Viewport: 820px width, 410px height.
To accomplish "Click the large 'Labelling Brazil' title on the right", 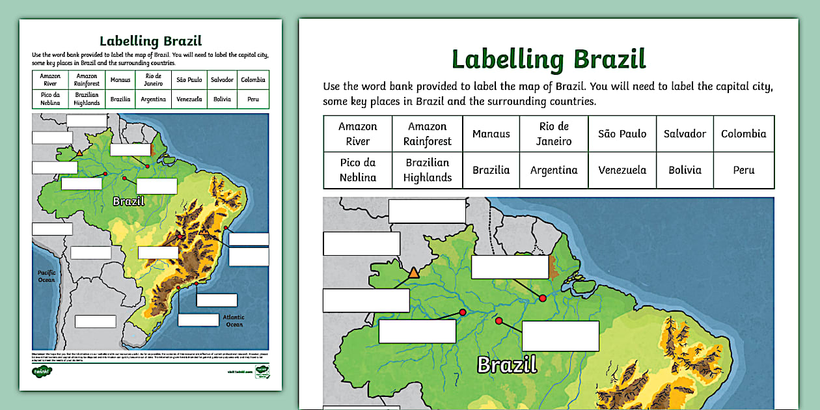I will tap(548, 59).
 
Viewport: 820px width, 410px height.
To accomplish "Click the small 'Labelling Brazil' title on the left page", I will tap(150, 41).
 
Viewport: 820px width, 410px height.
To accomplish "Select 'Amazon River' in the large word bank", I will tap(358, 133).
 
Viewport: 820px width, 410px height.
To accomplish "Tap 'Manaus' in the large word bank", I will tap(491, 133).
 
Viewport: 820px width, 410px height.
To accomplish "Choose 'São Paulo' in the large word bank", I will tap(622, 133).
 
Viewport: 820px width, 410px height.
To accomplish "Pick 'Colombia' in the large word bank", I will tap(743, 133).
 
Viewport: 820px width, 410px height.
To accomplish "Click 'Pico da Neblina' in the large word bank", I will tap(358, 170).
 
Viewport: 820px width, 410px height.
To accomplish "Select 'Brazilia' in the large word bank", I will tap(491, 170).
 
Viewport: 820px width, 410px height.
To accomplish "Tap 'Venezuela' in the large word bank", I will tap(622, 170).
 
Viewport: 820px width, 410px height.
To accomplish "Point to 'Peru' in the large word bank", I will tap(743, 170).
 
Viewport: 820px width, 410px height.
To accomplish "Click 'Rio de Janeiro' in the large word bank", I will tap(554, 133).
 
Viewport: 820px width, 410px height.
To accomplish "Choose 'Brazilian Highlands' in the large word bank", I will tap(427, 170).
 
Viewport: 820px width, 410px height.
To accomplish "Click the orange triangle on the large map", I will tap(413, 273).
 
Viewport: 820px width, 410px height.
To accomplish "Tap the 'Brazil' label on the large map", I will tap(507, 364).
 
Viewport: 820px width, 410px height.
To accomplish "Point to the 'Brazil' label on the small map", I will tap(128, 201).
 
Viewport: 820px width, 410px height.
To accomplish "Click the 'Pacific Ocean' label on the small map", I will tap(46, 276).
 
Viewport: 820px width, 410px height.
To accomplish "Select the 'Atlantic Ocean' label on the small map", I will tap(234, 321).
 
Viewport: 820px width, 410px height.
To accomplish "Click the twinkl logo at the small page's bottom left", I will tap(42, 371).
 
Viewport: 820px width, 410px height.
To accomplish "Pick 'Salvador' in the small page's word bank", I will tap(222, 80).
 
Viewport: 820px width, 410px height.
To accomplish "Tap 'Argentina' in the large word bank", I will tap(554, 170).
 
